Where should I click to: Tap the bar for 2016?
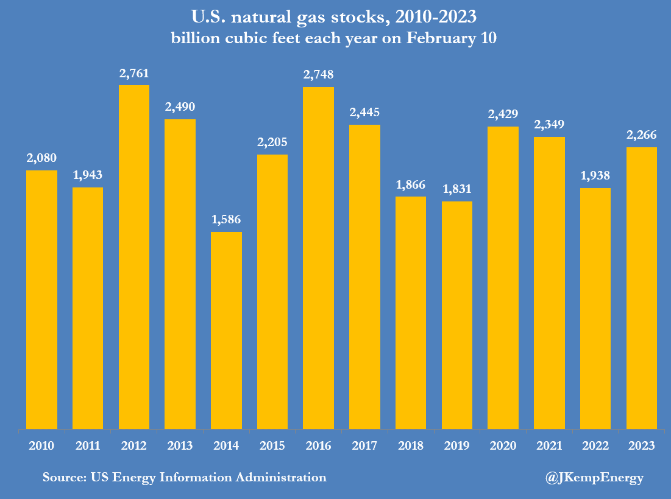click(318, 258)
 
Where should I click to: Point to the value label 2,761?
click(134, 74)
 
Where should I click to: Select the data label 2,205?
click(272, 142)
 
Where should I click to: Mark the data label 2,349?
click(549, 125)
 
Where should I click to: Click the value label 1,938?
click(595, 176)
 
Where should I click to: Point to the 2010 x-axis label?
click(41, 446)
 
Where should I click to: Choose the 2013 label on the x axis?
click(180, 446)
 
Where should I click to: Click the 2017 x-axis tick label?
click(364, 446)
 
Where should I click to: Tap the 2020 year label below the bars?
click(503, 446)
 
